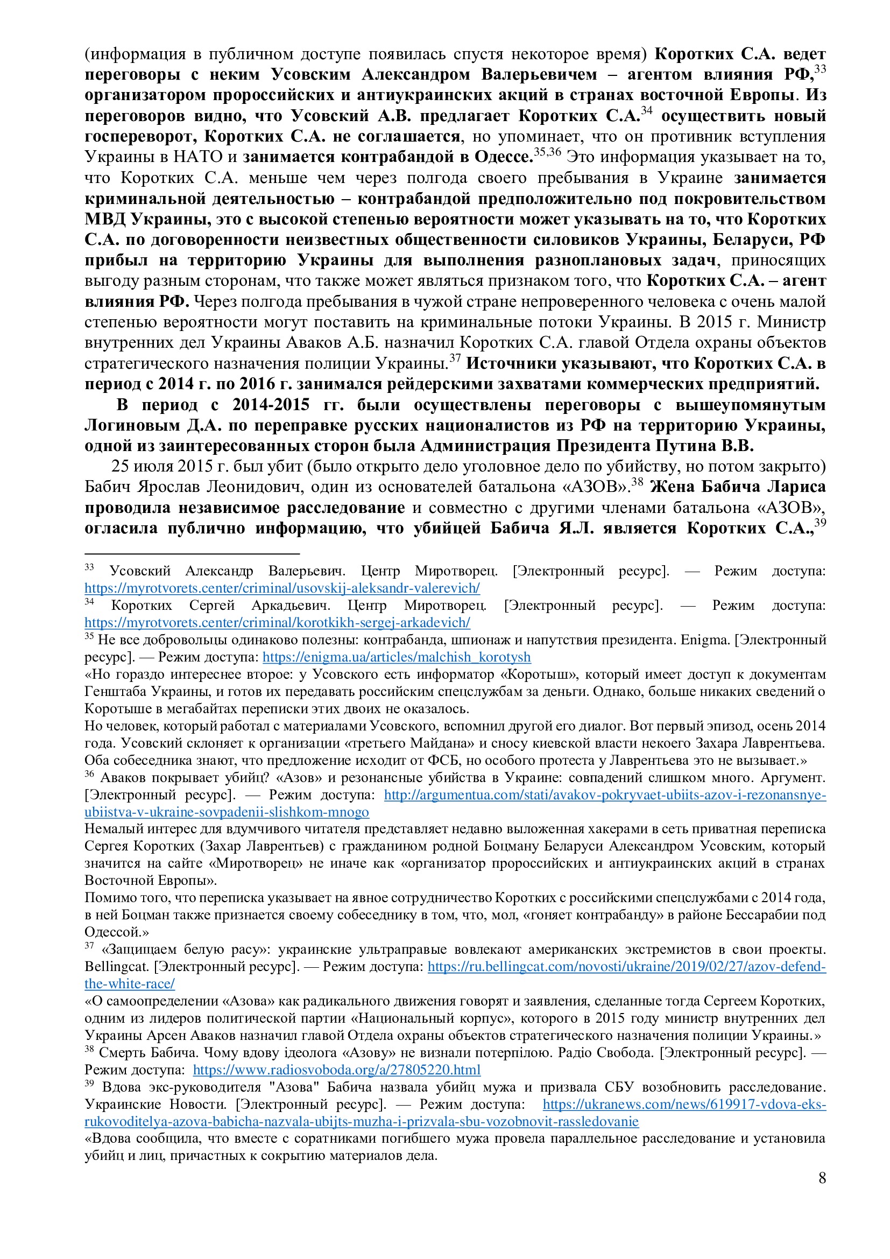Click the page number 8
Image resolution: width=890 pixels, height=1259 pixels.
pos(822,1177)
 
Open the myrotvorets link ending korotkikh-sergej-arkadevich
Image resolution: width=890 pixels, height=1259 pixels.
pos(277,622)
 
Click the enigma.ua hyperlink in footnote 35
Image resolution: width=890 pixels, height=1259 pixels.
pos(396,657)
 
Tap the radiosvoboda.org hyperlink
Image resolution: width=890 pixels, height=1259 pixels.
pos(336,1070)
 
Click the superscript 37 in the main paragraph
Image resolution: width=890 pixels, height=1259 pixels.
pos(455,358)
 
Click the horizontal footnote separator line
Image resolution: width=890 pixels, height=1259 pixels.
pos(192,554)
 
